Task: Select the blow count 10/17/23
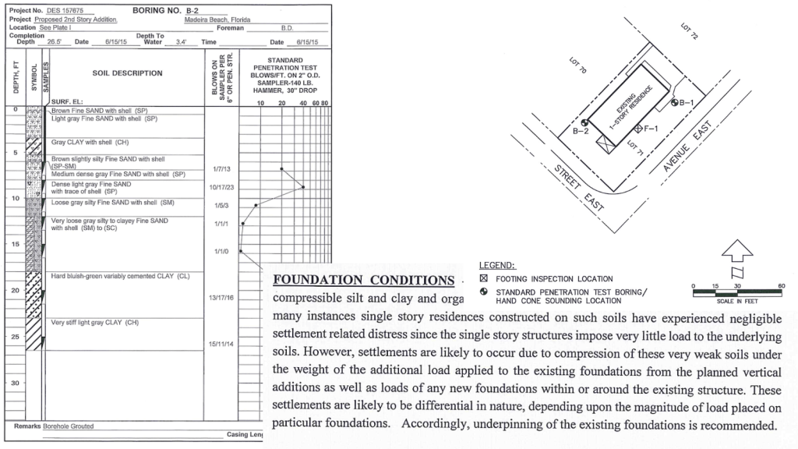tap(222, 187)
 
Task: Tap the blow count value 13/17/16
tap(222, 299)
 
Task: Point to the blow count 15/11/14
tap(222, 345)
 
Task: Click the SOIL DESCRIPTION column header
tap(127, 74)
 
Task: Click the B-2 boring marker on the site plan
tap(584, 122)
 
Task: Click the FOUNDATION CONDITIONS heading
tap(362, 280)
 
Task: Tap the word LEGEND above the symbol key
tap(497, 266)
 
